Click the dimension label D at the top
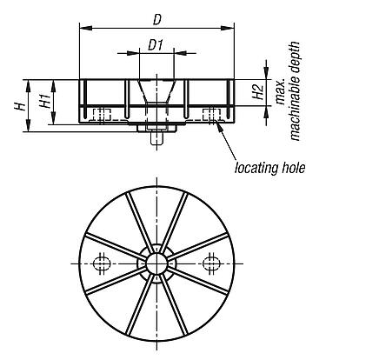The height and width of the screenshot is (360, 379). click(x=156, y=17)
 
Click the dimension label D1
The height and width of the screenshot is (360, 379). click(x=156, y=43)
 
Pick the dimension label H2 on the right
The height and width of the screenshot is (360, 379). click(x=256, y=95)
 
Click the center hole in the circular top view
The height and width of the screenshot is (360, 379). click(x=156, y=263)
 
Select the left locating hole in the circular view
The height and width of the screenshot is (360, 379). click(x=103, y=263)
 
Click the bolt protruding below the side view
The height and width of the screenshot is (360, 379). click(x=156, y=137)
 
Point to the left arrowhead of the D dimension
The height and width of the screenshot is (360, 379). click(x=83, y=28)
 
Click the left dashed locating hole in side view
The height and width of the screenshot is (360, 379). click(x=103, y=115)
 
